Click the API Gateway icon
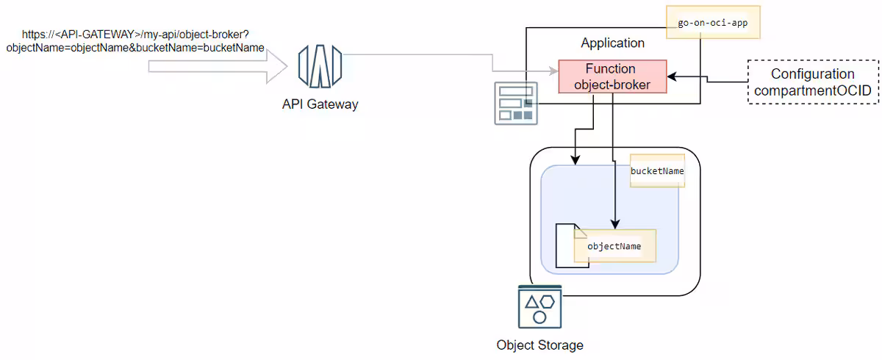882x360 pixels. pyautogui.click(x=320, y=66)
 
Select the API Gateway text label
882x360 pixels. pyautogui.click(x=320, y=104)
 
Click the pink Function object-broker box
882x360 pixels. pyautogui.click(x=612, y=76)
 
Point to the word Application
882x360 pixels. pyautogui.click(x=612, y=43)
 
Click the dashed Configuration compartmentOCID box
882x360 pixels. pyautogui.click(x=813, y=82)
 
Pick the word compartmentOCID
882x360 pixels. pyautogui.click(x=813, y=90)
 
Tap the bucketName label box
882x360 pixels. pyautogui.click(x=658, y=170)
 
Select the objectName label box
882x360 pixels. pyautogui.click(x=614, y=246)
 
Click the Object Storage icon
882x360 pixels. pyautogui.click(x=539, y=307)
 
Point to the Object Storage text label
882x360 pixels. pyautogui.click(x=539, y=345)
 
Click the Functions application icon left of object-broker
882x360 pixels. pyautogui.click(x=515, y=104)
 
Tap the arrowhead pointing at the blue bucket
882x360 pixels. pyautogui.click(x=575, y=159)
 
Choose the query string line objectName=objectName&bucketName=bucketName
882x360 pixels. pyautogui.click(x=135, y=48)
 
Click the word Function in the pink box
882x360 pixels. pyautogui.click(x=610, y=69)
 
